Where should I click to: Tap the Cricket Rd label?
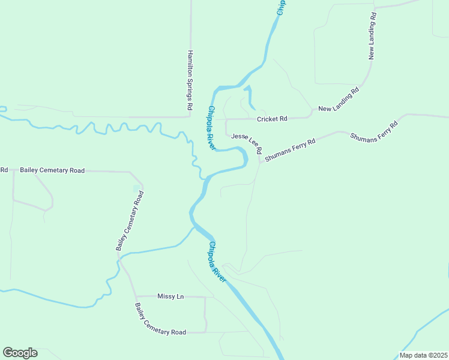coord(272,119)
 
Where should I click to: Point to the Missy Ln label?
coord(170,296)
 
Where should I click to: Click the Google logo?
coord(20,353)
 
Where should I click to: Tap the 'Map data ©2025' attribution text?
coord(423,355)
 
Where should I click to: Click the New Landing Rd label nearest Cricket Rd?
coord(338,100)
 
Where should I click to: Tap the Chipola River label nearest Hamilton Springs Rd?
coord(211,128)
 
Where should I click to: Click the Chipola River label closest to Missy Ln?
coord(217,262)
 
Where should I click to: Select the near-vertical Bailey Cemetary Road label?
coord(130,221)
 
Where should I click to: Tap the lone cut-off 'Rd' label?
coord(4,170)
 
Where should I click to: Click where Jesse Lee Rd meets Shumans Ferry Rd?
coord(260,161)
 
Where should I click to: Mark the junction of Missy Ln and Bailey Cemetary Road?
coord(136,296)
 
